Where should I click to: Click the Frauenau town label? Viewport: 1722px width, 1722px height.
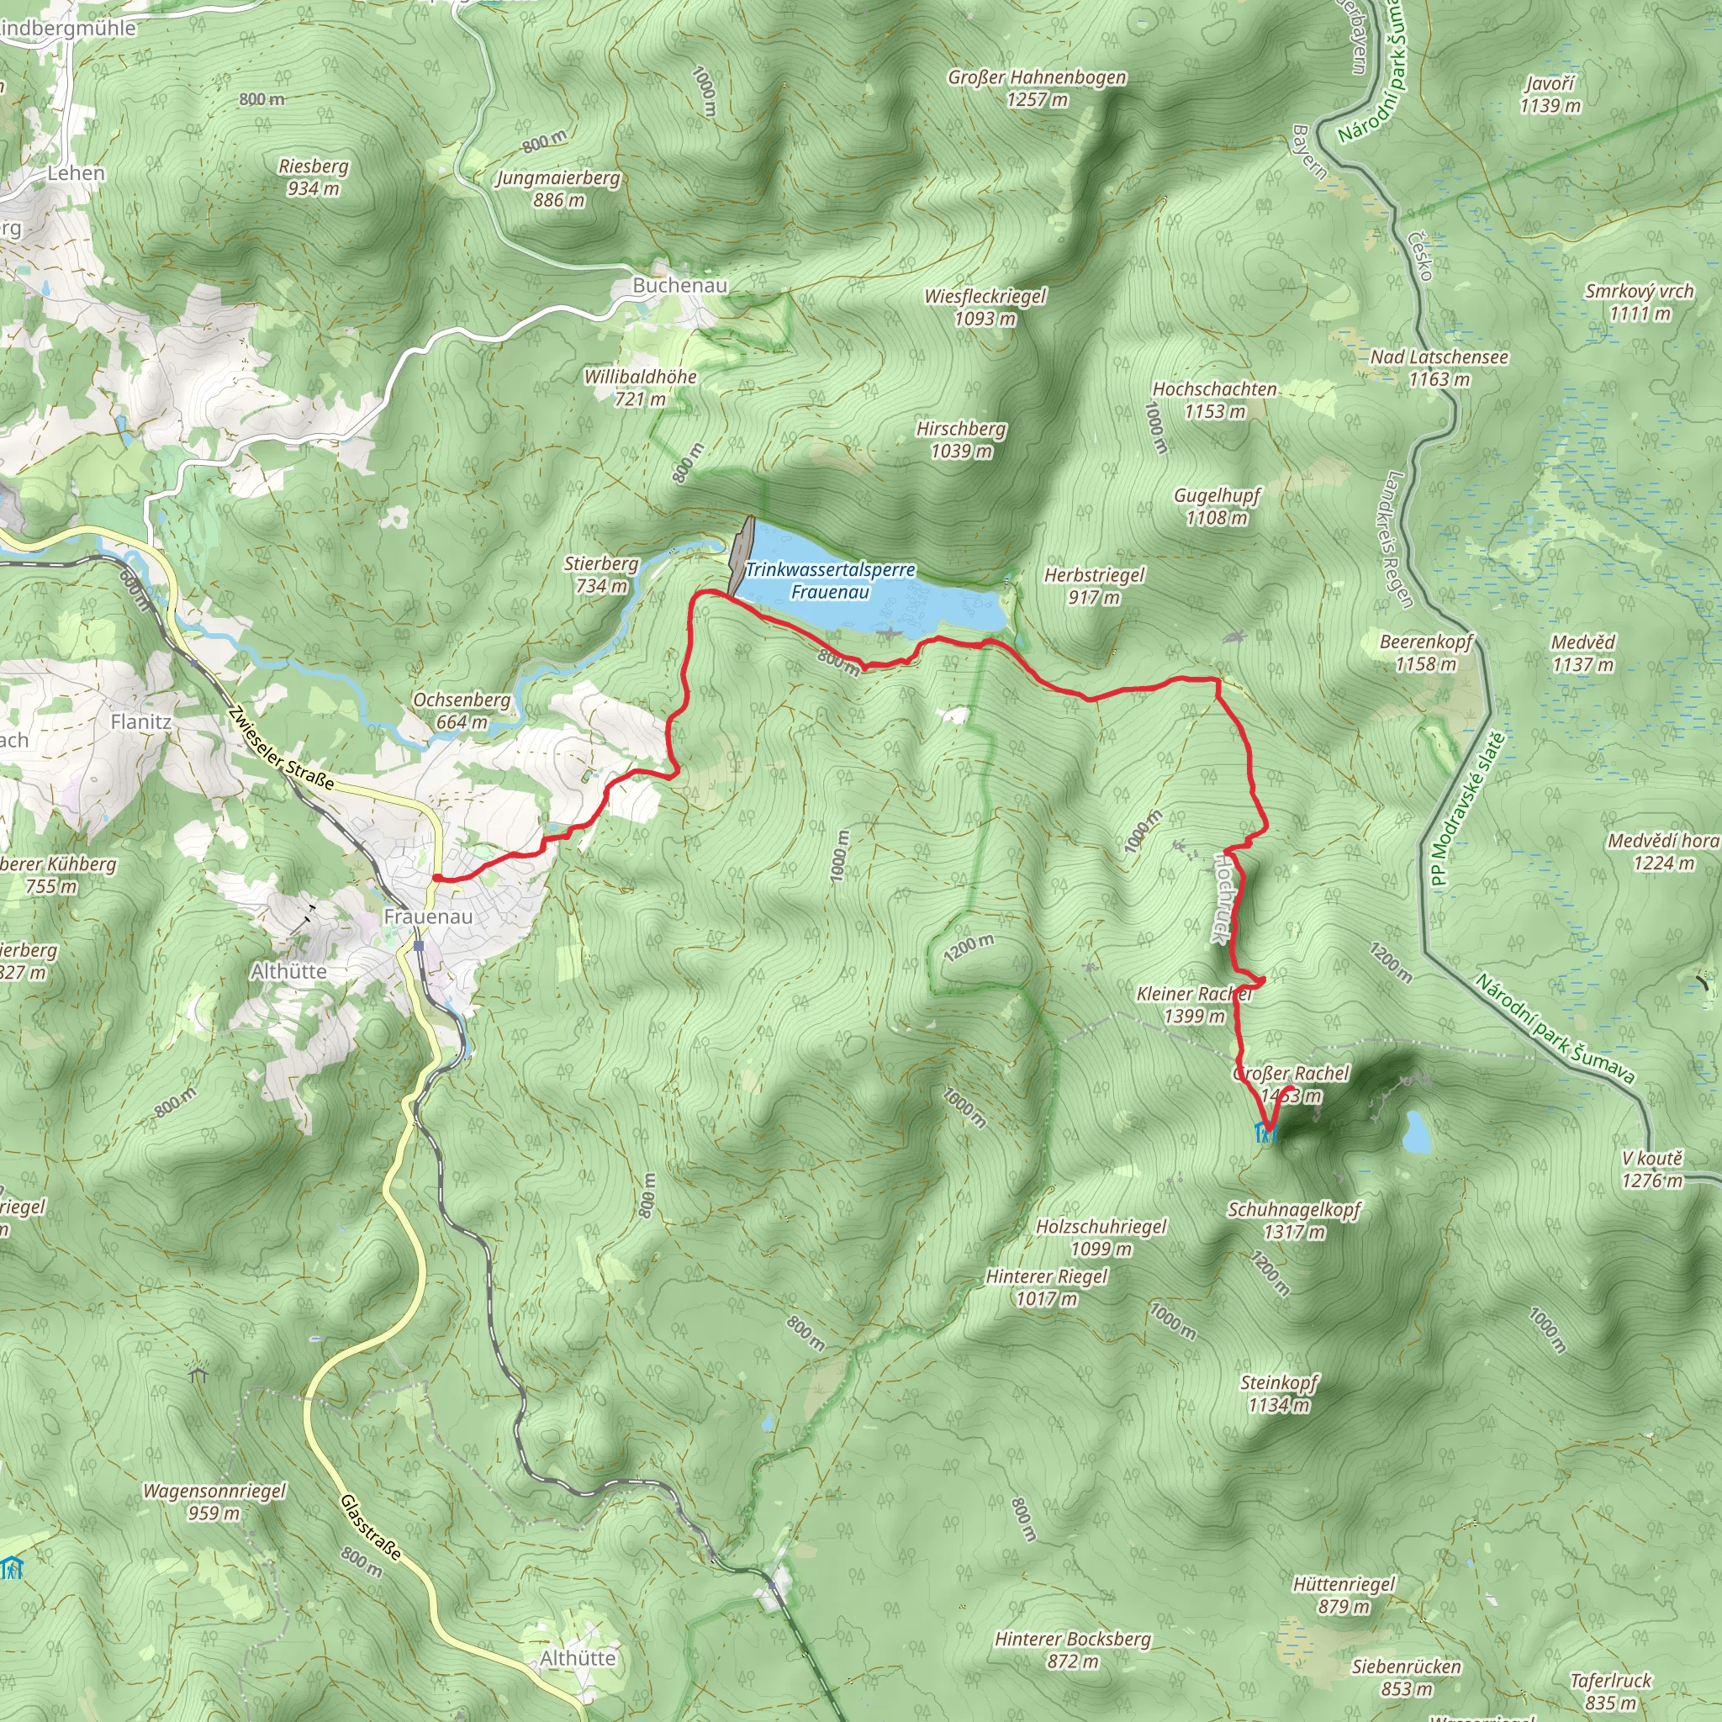[x=428, y=916]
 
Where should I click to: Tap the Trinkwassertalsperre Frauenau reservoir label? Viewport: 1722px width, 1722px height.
[x=830, y=580]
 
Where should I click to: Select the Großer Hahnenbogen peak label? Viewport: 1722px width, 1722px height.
[x=1037, y=88]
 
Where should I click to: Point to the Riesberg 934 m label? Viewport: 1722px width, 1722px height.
[x=313, y=177]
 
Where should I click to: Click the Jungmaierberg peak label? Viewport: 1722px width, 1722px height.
[x=558, y=188]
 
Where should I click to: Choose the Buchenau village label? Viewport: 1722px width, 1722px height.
[x=680, y=285]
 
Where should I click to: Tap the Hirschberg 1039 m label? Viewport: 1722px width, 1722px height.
[x=961, y=440]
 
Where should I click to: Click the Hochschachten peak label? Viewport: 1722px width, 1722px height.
[x=1214, y=399]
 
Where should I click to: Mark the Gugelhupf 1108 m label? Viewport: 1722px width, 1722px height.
[x=1217, y=506]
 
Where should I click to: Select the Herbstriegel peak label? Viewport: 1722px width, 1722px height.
[x=1094, y=585]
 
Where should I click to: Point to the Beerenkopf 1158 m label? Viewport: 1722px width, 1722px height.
[x=1426, y=652]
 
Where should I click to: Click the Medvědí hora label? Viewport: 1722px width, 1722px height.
[x=1663, y=851]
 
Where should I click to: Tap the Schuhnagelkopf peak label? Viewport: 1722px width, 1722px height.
[x=1294, y=1220]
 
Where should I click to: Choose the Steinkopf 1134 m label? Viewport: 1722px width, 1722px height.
[x=1279, y=1393]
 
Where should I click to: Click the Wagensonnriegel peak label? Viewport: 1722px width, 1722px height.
[x=214, y=1502]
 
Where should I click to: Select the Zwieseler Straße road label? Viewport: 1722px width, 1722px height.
[x=281, y=748]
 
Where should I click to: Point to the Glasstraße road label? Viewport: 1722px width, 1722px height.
[x=371, y=1528]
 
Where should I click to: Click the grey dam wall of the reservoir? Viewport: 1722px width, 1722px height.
[x=741, y=556]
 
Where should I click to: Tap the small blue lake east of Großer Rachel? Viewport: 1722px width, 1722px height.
[x=1415, y=1131]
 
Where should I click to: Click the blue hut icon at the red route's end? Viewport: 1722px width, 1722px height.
[x=1265, y=1133]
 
